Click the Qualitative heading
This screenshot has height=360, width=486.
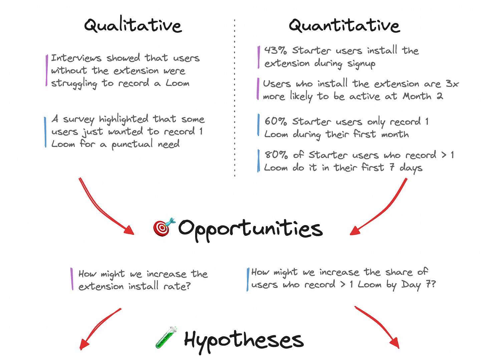(x=133, y=25)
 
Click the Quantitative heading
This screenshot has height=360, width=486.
(x=344, y=25)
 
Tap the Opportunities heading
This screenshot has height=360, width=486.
(x=250, y=229)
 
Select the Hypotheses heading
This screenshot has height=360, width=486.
(x=244, y=340)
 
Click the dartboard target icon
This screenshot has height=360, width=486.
(x=164, y=227)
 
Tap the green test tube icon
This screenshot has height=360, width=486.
(x=166, y=338)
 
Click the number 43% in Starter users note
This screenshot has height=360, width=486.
(x=275, y=50)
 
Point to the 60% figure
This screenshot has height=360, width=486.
(x=276, y=121)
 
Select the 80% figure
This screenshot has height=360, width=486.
(x=276, y=155)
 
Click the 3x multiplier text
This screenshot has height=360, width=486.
(x=452, y=83)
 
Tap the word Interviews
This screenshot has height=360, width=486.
(x=76, y=58)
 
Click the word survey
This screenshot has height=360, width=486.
(x=79, y=119)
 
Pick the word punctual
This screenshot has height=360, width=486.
(x=132, y=144)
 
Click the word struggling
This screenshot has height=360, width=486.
(x=74, y=83)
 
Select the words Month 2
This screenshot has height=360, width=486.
(x=423, y=96)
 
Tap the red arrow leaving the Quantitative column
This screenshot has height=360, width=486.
(x=381, y=209)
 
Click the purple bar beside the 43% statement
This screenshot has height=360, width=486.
(x=259, y=57)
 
